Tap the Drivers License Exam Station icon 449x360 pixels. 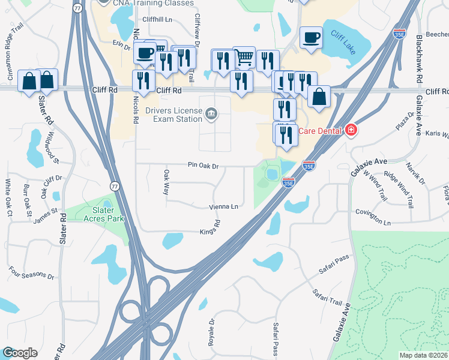[211, 113]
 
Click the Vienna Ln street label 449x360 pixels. [224, 206]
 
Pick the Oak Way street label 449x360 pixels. [166, 182]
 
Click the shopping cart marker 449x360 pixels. [244, 58]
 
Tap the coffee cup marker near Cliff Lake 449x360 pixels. [311, 38]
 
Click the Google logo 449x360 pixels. [20, 353]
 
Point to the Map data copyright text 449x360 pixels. [423, 355]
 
